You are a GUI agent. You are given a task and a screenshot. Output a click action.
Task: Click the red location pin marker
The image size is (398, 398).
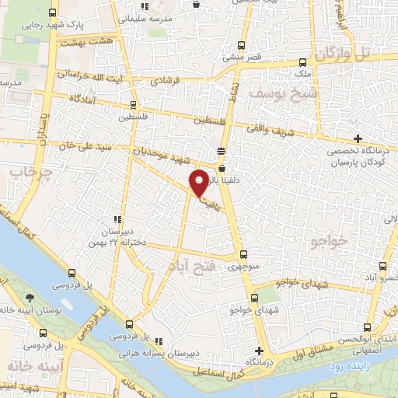(x=199, y=183)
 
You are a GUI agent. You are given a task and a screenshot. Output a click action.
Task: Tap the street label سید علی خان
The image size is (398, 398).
(x=92, y=147)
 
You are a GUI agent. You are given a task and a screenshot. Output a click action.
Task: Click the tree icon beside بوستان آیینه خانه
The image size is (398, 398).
(x=30, y=298)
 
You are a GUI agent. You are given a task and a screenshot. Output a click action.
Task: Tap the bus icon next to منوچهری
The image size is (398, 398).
(x=243, y=254)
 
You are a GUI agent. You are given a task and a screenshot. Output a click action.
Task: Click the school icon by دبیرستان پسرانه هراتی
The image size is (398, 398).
(x=159, y=341)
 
